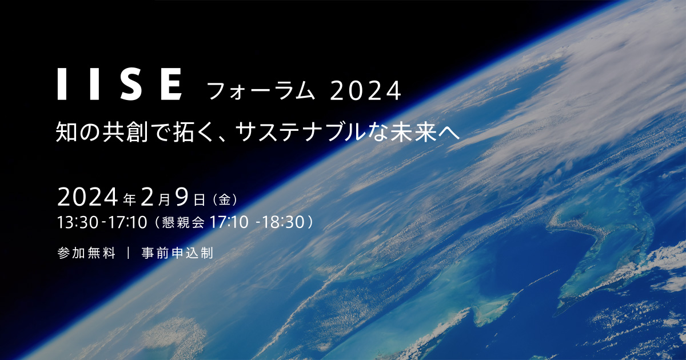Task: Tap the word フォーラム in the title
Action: coord(261,91)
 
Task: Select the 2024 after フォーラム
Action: coord(366,91)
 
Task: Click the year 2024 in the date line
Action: coord(88,198)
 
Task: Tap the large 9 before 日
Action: coord(182,198)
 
